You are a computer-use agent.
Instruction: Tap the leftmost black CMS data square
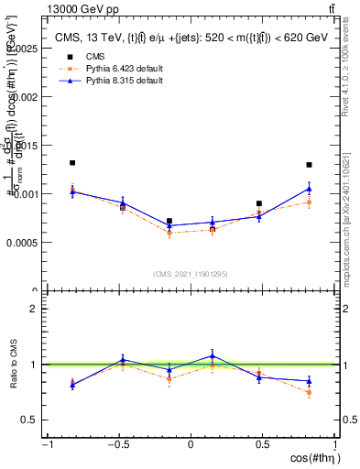coord(72,163)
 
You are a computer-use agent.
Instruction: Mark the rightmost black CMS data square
coord(310,165)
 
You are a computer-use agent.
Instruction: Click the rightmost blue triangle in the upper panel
coord(310,189)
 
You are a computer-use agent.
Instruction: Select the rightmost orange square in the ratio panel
coord(310,393)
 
